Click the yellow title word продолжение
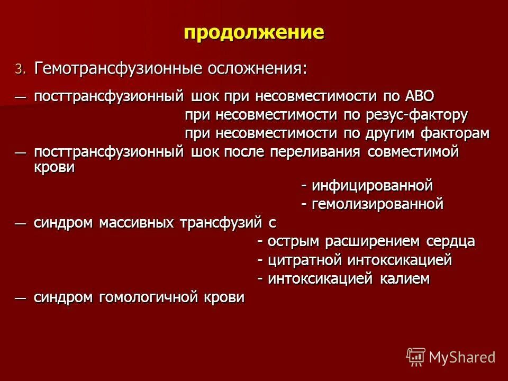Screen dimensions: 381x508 pos(253,33)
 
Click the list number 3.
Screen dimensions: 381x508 pos(19,69)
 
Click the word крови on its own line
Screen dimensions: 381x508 pos(55,167)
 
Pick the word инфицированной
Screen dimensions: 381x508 pos(372,186)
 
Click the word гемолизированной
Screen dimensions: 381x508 pos(377,204)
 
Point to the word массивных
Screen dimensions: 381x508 pos(138,223)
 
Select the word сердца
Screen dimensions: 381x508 pos(450,242)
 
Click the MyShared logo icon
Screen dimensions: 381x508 pos(416,357)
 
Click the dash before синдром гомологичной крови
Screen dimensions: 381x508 pos(20,297)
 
